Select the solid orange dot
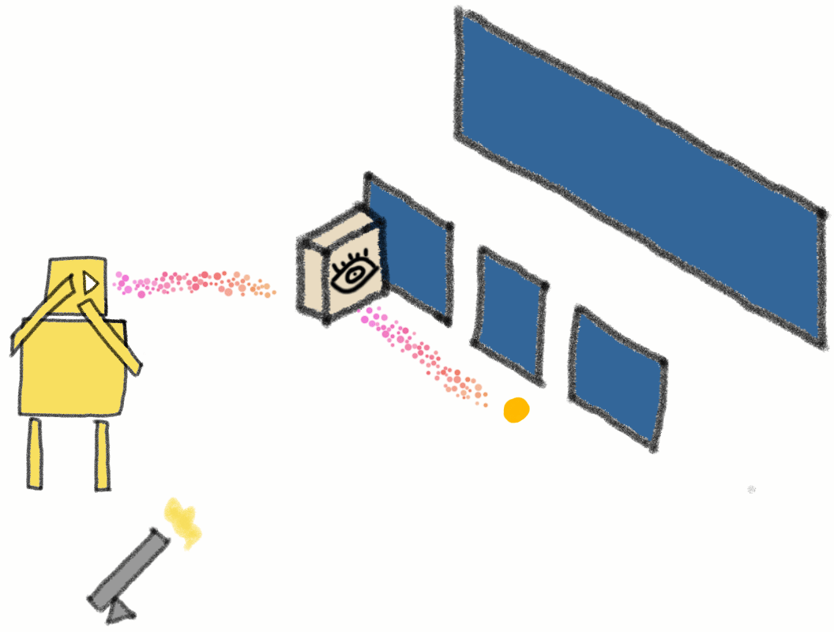pos(517,410)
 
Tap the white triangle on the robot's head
pos(90,282)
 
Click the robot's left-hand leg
pos(35,454)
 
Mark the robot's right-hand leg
pos(102,456)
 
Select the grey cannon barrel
pos(126,568)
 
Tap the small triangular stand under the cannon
pos(121,610)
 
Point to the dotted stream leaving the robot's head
pos(193,284)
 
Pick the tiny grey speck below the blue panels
pos(752,490)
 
